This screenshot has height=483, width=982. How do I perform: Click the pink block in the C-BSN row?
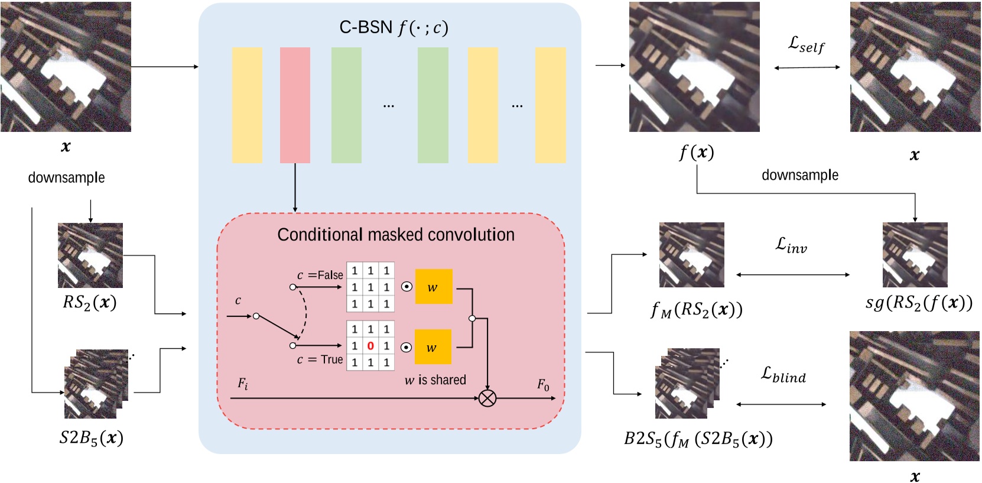click(295, 105)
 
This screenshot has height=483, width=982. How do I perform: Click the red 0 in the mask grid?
click(370, 346)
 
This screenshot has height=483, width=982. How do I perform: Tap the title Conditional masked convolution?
click(395, 235)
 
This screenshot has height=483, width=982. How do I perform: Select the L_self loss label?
click(806, 44)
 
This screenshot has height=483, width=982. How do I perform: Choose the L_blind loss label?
click(783, 374)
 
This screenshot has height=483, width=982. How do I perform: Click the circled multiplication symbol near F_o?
click(487, 398)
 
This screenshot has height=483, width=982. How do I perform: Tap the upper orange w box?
click(434, 287)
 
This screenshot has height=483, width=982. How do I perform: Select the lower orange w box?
click(433, 347)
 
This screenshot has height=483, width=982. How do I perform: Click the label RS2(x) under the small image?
click(90, 303)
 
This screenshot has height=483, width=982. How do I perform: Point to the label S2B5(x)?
click(91, 438)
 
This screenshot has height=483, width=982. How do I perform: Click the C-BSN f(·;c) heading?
click(394, 28)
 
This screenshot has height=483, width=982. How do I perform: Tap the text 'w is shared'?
click(435, 380)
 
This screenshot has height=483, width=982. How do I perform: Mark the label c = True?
click(320, 359)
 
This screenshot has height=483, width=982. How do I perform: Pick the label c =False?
click(320, 275)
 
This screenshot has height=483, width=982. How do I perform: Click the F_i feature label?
click(243, 384)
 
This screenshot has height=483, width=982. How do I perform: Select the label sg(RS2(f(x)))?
click(918, 303)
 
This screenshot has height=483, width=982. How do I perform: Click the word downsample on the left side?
click(66, 177)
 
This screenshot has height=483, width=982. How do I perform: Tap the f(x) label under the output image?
click(696, 153)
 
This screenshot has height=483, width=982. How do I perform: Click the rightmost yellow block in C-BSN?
click(550, 105)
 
